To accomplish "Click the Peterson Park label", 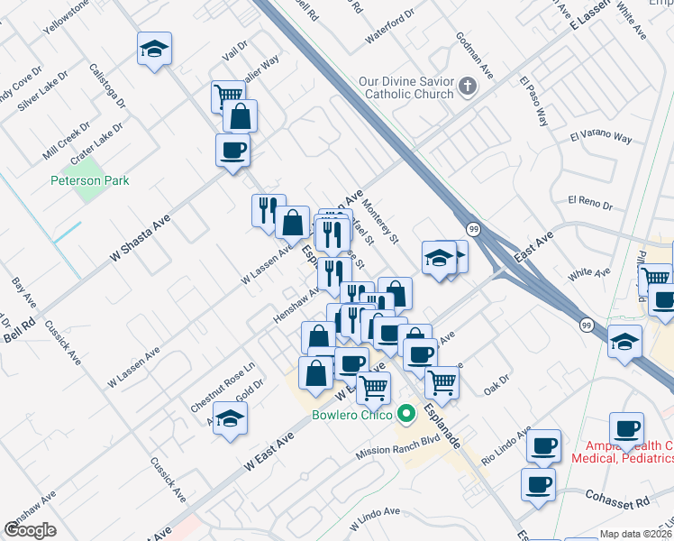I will pos(89,180).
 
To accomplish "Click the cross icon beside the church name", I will pos(467,87).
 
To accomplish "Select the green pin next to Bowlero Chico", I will pos(406,415).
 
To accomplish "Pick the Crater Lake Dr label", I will pos(96,142).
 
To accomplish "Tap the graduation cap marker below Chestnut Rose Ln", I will pos(230,418).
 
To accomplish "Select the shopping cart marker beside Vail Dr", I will pos(229,95).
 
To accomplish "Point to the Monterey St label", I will pos(382,222).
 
